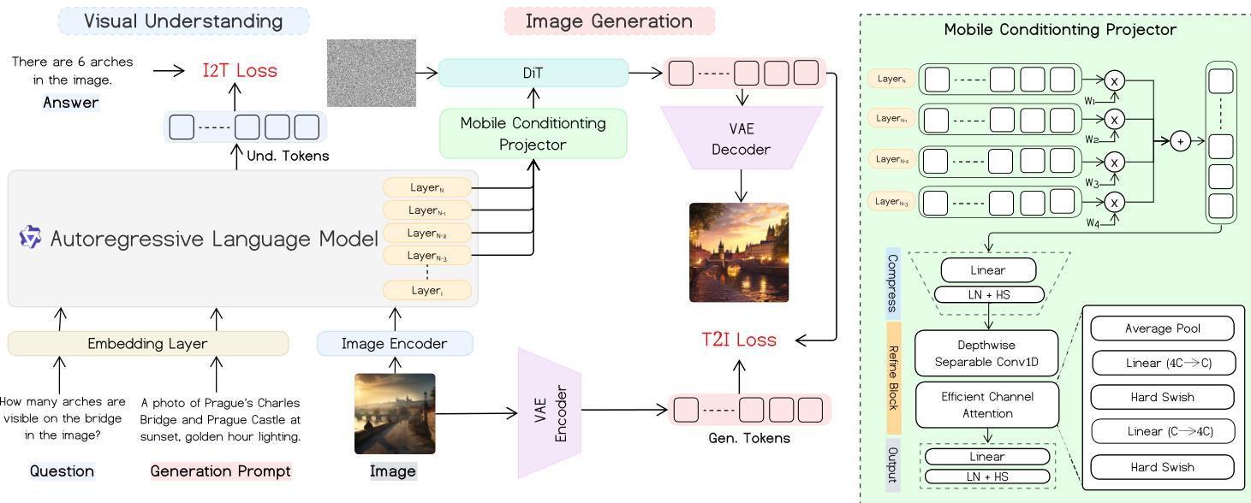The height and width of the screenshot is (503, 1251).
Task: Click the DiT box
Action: [x=533, y=73]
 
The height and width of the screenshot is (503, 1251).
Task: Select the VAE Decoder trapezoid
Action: [x=741, y=139]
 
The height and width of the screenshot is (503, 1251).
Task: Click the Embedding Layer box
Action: [x=148, y=344]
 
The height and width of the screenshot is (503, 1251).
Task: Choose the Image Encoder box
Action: [x=394, y=344]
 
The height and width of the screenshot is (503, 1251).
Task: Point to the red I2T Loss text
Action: [x=240, y=71]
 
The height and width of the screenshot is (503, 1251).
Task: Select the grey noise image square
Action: [x=371, y=73]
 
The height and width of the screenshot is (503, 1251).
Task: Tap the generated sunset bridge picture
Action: [x=738, y=252]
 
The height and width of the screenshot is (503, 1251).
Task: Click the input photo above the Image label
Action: [x=395, y=413]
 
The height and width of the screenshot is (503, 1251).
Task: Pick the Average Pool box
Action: [x=1163, y=328]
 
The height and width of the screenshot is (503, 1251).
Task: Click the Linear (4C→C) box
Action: [x=1163, y=363]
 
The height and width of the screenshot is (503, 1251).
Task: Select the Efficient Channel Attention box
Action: [x=987, y=405]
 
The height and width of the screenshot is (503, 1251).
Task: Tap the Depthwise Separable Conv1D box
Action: [x=987, y=354]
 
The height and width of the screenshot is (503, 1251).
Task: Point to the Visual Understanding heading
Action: [x=184, y=21]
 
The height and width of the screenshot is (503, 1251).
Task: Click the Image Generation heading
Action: [x=610, y=21]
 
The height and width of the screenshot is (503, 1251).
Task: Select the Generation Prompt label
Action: [x=221, y=471]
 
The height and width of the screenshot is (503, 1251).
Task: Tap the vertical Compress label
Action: [x=893, y=283]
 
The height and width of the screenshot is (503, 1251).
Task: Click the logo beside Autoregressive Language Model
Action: [x=31, y=238]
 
